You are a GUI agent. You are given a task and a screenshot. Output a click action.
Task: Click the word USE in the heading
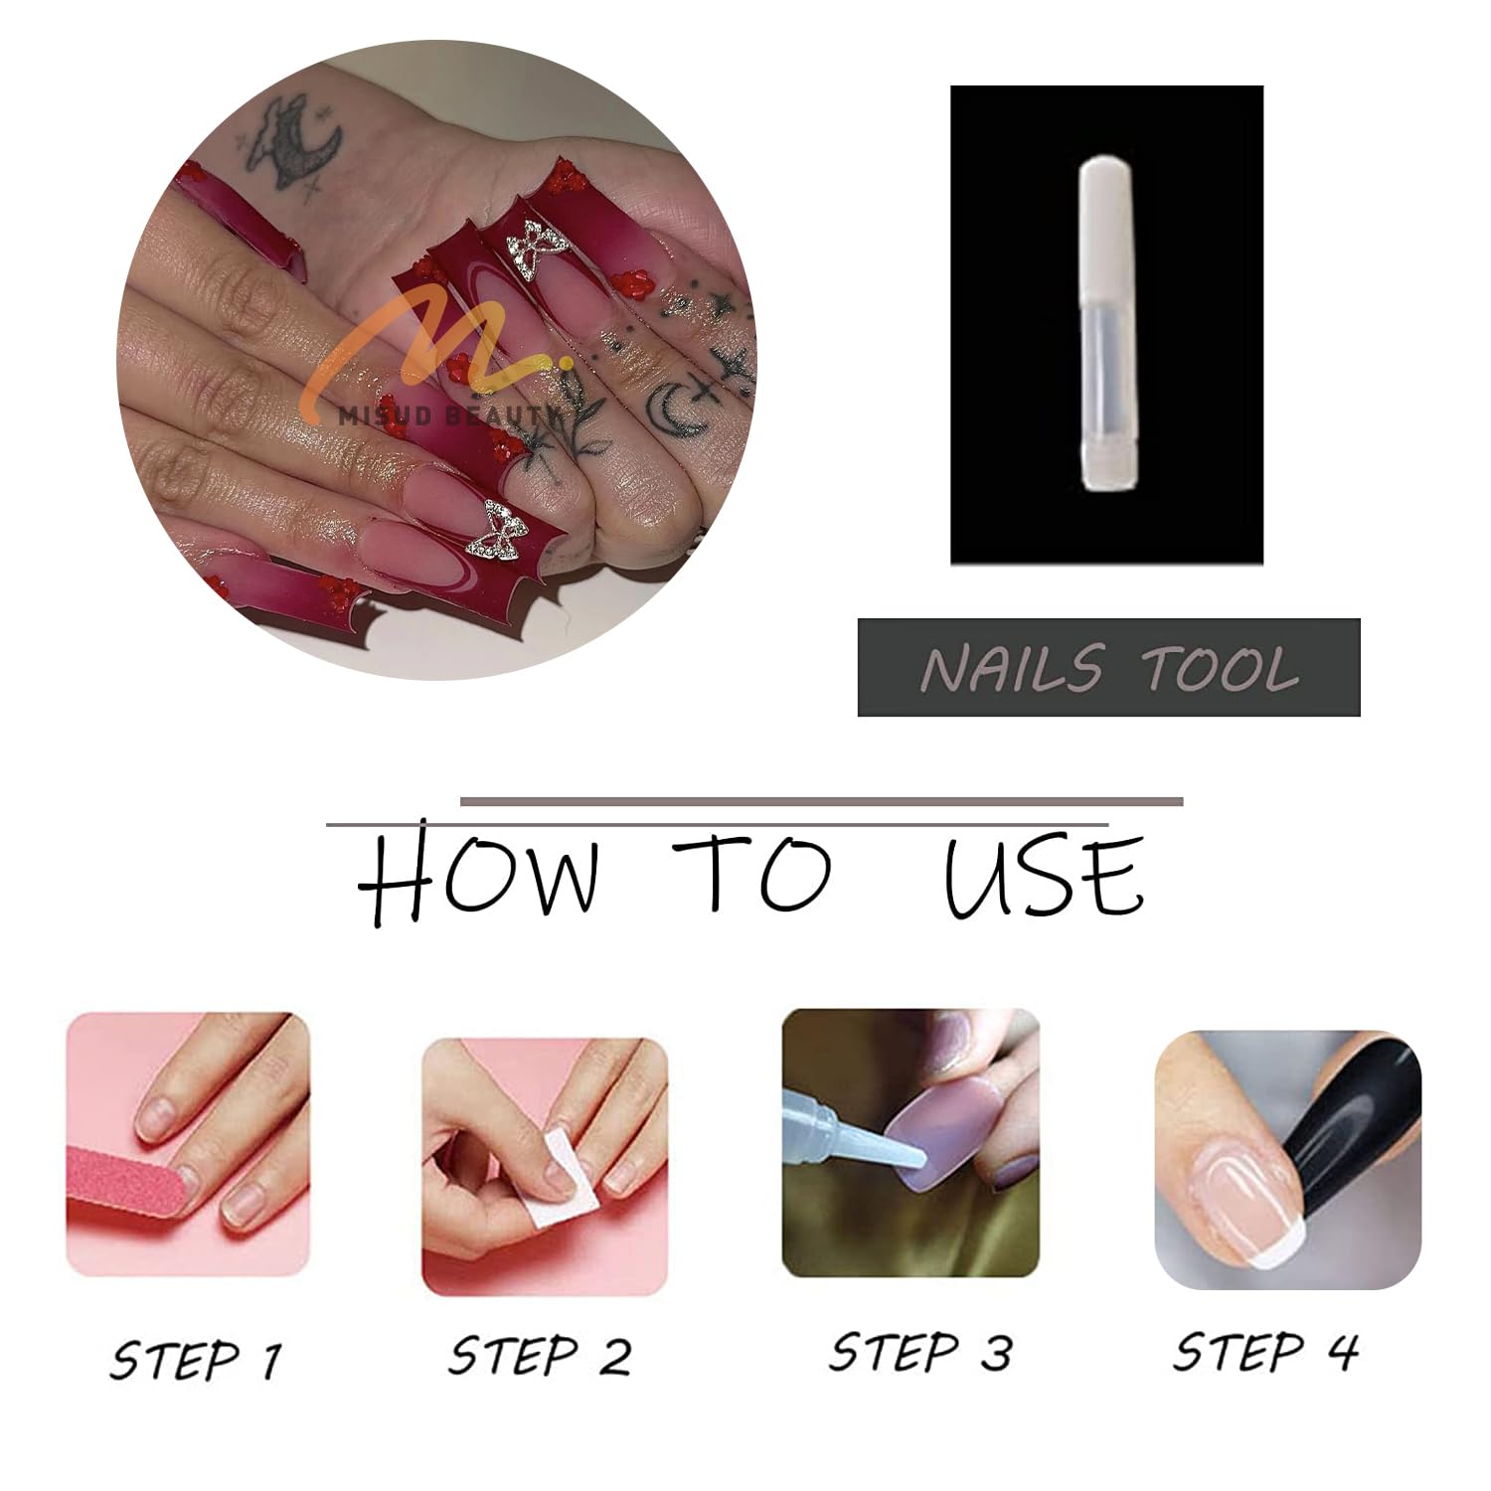[1044, 875]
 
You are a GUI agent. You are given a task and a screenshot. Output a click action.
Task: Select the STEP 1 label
[196, 1359]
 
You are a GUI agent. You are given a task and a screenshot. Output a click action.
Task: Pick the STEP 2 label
[540, 1355]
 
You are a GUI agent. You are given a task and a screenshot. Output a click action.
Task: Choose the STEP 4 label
[1265, 1351]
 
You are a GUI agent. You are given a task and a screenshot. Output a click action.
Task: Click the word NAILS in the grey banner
[1012, 668]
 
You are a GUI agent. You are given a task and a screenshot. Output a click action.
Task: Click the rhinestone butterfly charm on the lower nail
[503, 530]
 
